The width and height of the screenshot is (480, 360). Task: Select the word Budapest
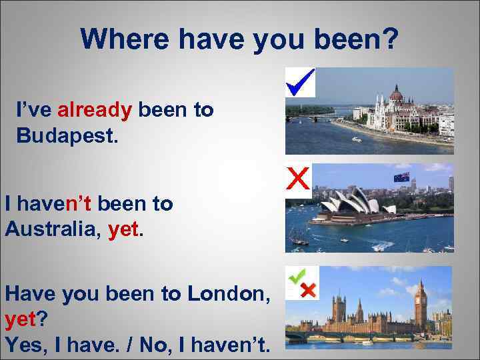pos(67,137)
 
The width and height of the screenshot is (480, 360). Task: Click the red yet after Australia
pos(123,230)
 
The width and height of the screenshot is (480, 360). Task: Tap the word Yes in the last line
pos(25,346)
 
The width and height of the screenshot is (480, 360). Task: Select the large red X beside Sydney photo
pos(297,178)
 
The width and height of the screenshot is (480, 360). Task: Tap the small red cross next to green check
pos(308,291)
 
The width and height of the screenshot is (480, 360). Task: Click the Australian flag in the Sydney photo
pos(401,177)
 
